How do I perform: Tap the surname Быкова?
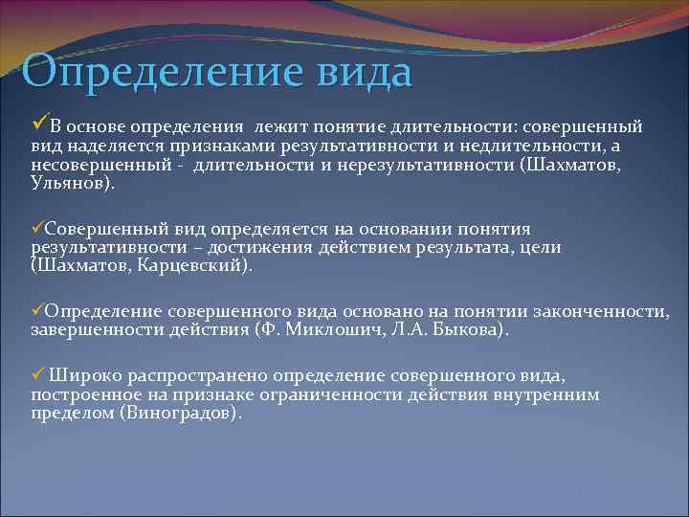(475, 329)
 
